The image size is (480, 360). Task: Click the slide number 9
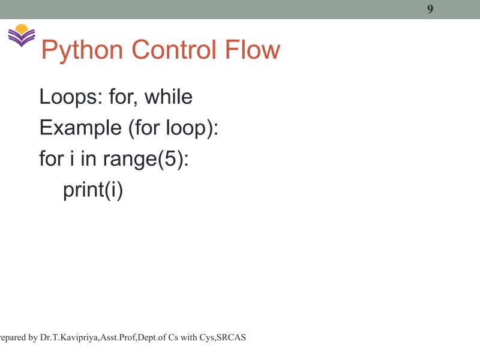430,8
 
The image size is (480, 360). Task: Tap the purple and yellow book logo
22,35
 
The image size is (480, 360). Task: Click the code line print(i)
93,191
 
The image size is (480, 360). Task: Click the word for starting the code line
51,160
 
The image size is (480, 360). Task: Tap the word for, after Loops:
123,97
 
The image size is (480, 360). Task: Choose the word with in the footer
188,338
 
